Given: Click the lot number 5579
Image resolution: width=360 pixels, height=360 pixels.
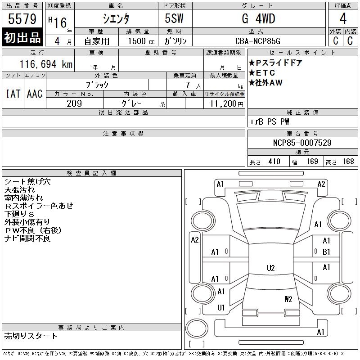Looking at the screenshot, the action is coord(22,18).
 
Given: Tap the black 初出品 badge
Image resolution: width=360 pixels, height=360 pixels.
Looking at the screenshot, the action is coord(22,37).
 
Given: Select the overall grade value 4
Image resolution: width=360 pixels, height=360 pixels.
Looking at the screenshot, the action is coord(343,18).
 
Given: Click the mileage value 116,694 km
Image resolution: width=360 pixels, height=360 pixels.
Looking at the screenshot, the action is coord(46,64).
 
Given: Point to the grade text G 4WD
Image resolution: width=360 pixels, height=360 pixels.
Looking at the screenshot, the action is coord(258,18).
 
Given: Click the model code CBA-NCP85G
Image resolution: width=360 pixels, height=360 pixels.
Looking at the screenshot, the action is coord(258,41).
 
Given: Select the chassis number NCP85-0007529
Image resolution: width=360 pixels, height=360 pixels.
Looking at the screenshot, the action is coord(302,143).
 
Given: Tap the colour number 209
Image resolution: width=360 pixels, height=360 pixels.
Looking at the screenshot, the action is coord(74,103).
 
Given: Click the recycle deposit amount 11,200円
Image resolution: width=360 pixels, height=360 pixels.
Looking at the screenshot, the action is coord(226,103).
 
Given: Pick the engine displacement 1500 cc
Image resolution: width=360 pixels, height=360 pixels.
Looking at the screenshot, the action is coord(141,41).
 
